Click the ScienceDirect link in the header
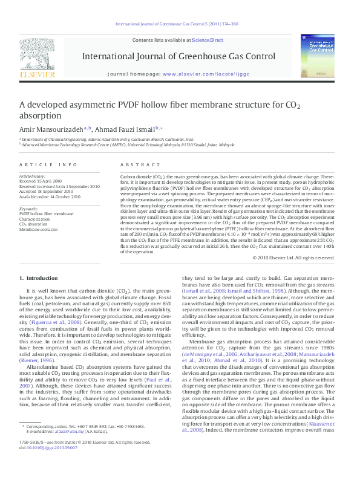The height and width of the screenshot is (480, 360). (208, 40)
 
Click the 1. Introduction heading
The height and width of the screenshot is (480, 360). (39, 277)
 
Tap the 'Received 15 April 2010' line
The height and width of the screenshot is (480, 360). (41, 181)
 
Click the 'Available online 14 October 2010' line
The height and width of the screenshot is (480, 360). (50, 196)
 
